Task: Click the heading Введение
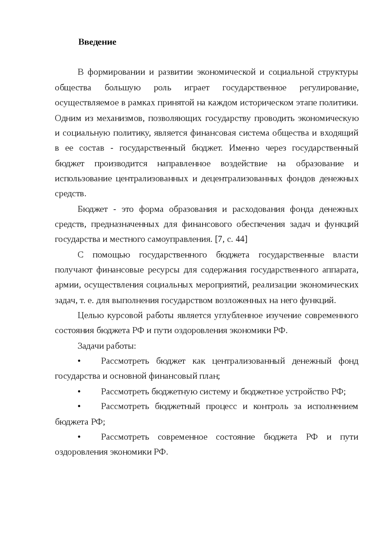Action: (x=97, y=42)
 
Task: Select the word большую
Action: (x=123, y=88)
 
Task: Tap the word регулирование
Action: (x=329, y=88)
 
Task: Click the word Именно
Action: (x=244, y=149)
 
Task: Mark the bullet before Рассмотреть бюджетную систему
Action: (x=79, y=392)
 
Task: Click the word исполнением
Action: (x=333, y=406)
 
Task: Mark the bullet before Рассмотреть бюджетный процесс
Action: (x=79, y=406)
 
